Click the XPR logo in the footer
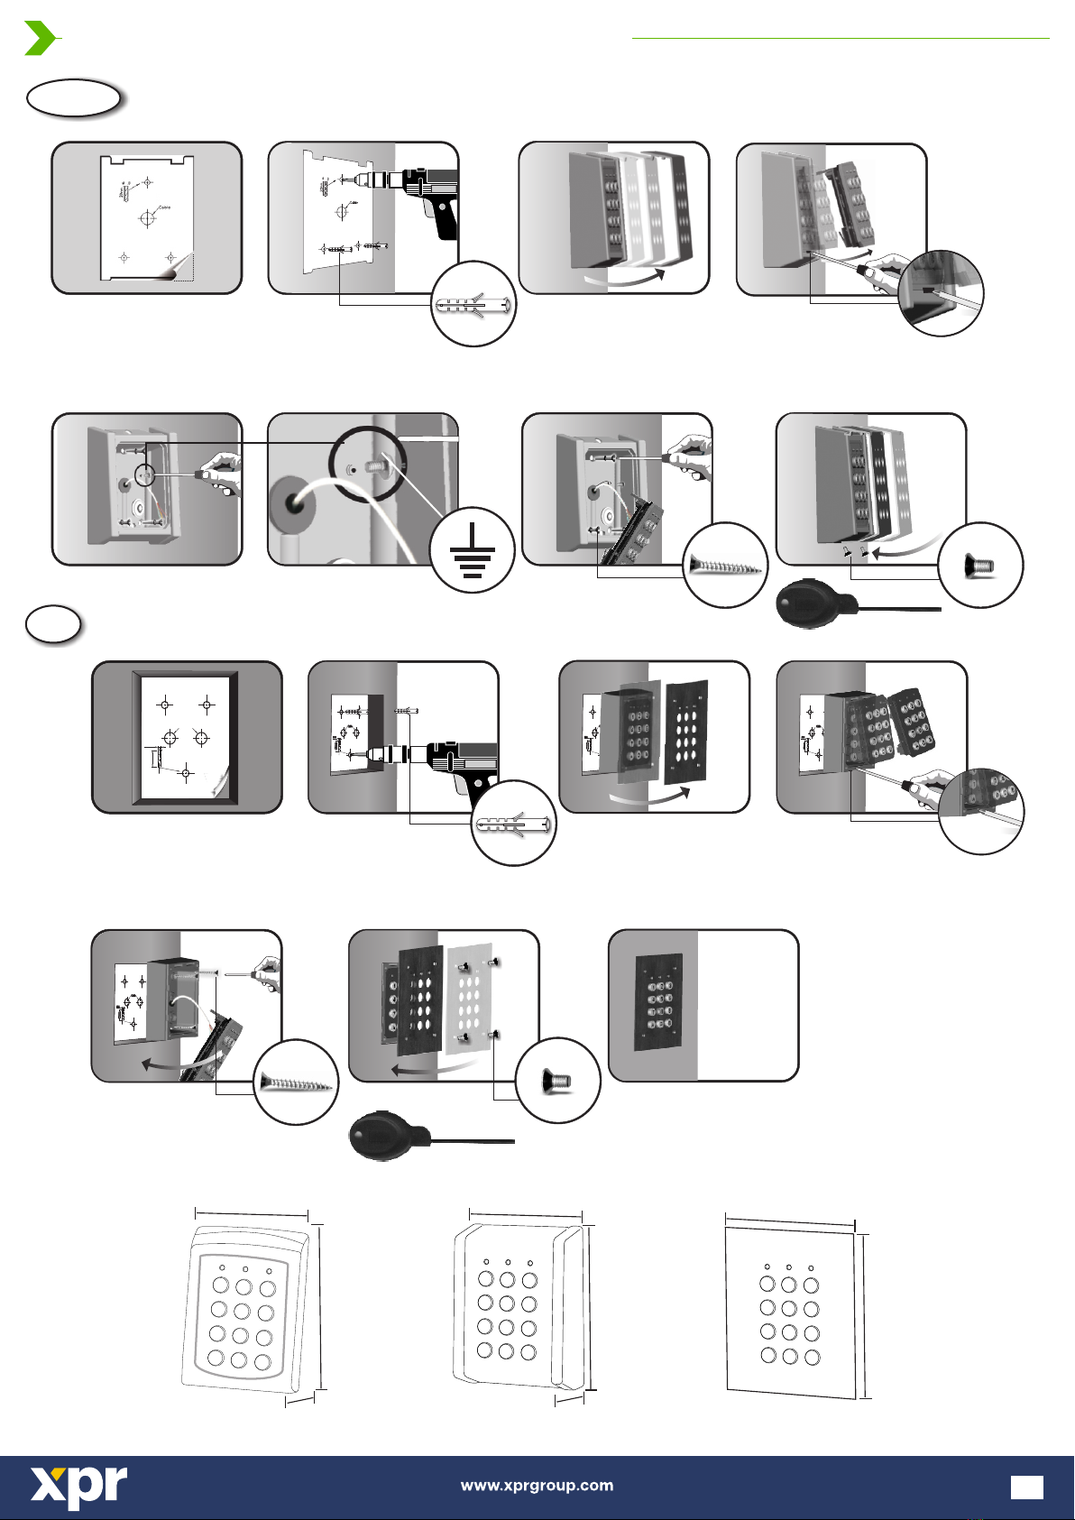[x=79, y=1487]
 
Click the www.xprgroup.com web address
[x=537, y=1486]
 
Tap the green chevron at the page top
[x=40, y=39]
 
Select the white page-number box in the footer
[x=1026, y=1488]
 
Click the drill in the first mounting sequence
[x=424, y=194]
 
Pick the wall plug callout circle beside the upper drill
[x=473, y=304]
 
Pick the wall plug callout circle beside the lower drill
[x=513, y=823]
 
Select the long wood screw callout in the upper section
[x=726, y=566]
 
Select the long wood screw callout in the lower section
[x=296, y=1082]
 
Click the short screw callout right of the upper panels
[x=980, y=566]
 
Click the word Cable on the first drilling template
[x=165, y=207]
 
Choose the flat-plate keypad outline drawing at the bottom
[x=791, y=1308]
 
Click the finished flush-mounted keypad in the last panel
[x=658, y=1001]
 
